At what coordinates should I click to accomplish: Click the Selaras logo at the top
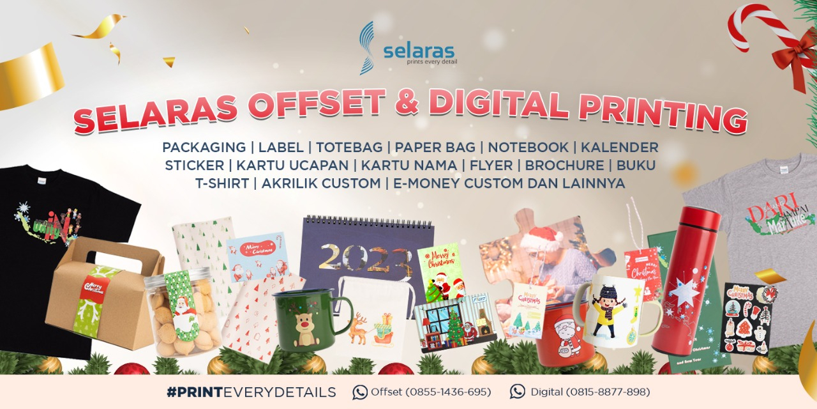point(408,48)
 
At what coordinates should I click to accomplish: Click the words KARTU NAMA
point(409,166)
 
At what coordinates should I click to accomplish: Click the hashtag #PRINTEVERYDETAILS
point(251,392)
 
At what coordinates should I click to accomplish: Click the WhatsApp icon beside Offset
point(360,392)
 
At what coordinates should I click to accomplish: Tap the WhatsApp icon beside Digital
point(518,392)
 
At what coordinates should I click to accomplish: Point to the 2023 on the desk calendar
point(365,258)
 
